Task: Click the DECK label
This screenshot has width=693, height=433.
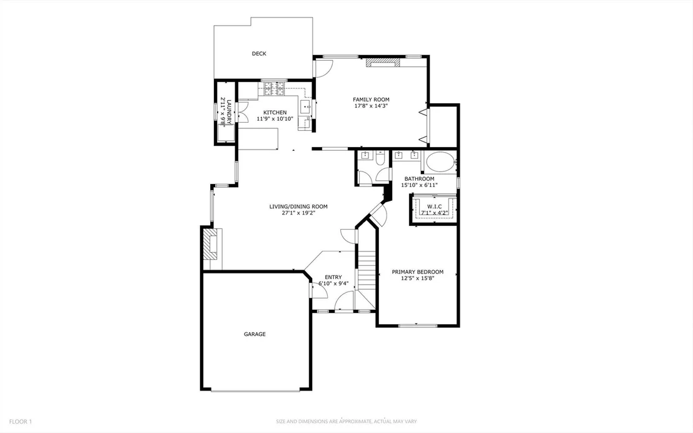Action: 259,54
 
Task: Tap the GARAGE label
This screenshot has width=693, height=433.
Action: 255,334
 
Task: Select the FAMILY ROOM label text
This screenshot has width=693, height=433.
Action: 371,99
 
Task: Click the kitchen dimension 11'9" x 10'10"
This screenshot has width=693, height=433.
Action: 275,118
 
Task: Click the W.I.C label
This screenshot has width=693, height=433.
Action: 435,206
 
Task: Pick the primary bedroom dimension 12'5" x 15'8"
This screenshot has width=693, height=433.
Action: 418,278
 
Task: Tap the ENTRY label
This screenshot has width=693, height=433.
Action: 333,277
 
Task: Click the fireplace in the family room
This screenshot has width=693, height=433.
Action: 383,63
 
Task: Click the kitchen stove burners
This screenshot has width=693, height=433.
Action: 274,89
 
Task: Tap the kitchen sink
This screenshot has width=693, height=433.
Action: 305,106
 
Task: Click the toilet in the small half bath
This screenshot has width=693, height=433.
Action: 380,158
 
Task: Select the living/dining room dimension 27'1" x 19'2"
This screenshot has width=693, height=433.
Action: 298,213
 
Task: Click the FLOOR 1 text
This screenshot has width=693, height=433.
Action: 21,422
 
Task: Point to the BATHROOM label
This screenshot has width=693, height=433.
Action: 419,179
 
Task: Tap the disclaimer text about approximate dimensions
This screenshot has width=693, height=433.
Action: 346,422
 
